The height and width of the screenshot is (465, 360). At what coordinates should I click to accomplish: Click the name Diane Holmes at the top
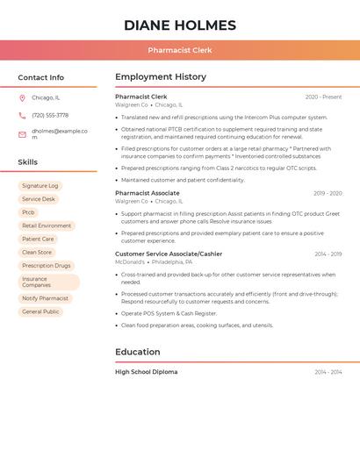[180, 25]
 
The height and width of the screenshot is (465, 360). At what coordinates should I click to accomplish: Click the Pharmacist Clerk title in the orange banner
[180, 51]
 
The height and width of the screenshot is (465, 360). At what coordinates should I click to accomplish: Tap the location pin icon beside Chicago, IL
[22, 98]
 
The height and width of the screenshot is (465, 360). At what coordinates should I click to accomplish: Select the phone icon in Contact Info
[22, 115]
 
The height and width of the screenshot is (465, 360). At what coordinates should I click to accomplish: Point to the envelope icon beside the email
[22, 134]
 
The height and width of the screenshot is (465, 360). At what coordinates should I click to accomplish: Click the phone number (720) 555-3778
[50, 115]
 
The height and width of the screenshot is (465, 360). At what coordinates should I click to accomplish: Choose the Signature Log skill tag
[40, 186]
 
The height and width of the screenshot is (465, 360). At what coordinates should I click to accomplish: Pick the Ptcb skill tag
[29, 212]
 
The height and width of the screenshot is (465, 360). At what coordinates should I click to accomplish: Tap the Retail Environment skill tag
[47, 225]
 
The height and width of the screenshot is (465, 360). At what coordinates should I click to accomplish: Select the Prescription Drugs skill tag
[47, 265]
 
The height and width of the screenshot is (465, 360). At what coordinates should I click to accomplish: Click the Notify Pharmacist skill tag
[45, 298]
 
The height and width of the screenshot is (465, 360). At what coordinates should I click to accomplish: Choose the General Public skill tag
[40, 311]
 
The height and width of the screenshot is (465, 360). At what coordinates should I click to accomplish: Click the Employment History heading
[160, 77]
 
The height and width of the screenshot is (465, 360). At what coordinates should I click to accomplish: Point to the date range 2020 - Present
[323, 97]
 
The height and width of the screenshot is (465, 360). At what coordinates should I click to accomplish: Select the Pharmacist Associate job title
[147, 193]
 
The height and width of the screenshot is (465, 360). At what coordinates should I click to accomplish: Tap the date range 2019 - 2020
[327, 193]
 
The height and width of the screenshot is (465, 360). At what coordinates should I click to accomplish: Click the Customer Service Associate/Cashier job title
[168, 254]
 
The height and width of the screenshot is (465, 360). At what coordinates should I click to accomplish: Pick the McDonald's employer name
[130, 261]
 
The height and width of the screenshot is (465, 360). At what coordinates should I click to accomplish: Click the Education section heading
[137, 352]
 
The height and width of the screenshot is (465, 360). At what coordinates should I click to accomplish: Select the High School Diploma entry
[146, 372]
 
